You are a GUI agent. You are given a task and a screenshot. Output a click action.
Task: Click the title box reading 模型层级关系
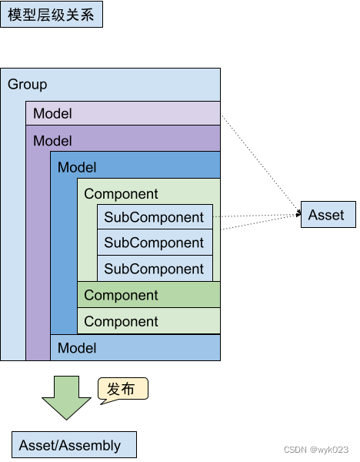tap(51, 15)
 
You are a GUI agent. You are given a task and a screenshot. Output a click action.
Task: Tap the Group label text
tap(28, 85)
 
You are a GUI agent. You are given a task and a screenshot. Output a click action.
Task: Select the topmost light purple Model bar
tap(123, 113)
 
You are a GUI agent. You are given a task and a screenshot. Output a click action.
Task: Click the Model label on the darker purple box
tap(52, 141)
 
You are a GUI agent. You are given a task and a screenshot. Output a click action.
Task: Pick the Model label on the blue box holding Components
tap(77, 167)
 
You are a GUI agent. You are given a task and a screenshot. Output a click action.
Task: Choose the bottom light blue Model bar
tap(135, 348)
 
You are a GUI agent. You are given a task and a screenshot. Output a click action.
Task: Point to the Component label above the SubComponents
tap(121, 194)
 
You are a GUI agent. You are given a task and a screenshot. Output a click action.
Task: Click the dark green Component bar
tap(148, 295)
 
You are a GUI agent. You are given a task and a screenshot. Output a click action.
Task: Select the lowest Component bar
tap(148, 321)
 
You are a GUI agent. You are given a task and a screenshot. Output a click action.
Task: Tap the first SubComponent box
tap(154, 217)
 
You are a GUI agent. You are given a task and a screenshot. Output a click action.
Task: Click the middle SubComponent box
tap(154, 243)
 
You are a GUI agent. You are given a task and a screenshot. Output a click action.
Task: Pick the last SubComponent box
tap(154, 269)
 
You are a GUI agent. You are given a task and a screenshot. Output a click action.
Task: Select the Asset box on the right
tap(328, 215)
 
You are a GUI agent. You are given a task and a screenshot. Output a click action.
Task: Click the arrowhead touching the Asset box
tap(297, 216)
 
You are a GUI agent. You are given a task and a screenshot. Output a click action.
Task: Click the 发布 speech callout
tap(122, 390)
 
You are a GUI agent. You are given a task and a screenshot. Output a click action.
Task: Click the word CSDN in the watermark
tap(295, 450)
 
